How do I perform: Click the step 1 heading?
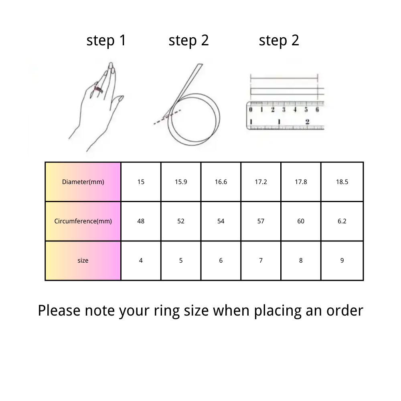point(106,41)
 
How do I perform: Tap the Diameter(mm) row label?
point(83,182)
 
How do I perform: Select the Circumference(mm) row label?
point(83,221)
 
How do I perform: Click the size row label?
point(83,260)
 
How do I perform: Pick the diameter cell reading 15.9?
point(181,182)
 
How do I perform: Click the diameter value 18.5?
point(342,182)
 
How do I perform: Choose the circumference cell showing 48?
point(141,221)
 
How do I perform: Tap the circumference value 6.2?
point(342,221)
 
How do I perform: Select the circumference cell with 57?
point(261,221)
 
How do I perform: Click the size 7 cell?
point(261,260)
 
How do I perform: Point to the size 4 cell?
point(141,260)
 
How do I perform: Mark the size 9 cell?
point(342,260)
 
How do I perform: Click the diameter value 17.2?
point(261,182)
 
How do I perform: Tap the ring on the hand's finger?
point(99,89)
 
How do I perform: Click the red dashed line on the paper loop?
point(167,117)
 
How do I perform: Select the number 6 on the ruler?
point(317,110)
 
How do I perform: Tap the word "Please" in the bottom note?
point(59,310)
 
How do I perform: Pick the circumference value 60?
point(301,221)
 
